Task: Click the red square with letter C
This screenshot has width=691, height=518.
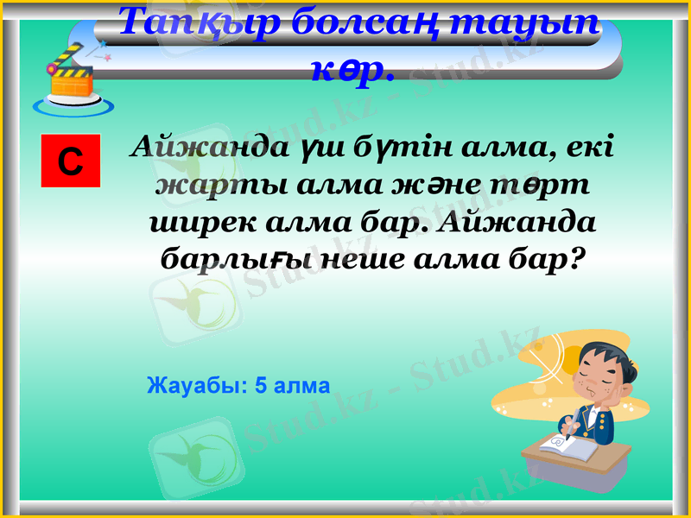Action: point(71,161)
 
